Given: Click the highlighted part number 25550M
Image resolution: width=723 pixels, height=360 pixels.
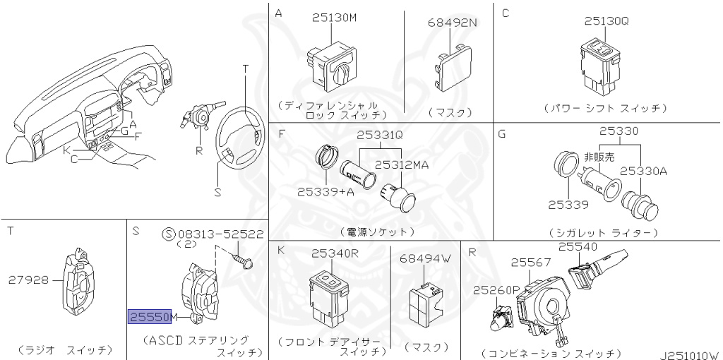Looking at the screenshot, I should (x=148, y=317).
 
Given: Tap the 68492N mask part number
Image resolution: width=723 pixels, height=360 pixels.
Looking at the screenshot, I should (x=453, y=23).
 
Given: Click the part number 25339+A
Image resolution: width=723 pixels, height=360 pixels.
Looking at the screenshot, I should (x=325, y=191).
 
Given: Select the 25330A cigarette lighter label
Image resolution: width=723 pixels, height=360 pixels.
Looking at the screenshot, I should (x=643, y=170).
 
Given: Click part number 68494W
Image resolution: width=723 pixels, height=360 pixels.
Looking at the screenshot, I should (x=424, y=258).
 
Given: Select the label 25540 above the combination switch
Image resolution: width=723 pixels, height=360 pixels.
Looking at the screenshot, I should (x=578, y=246).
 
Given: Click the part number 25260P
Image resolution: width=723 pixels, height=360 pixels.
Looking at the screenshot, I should (x=496, y=289).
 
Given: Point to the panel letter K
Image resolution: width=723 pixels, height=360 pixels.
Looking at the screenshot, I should (x=281, y=251).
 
